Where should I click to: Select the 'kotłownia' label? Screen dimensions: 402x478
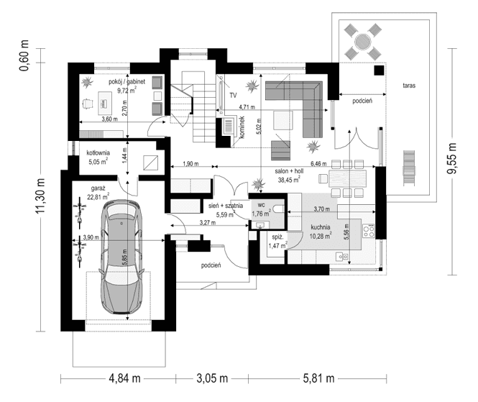(98, 153)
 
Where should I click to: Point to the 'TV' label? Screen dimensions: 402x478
(233, 95)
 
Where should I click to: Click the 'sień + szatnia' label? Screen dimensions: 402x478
(226, 205)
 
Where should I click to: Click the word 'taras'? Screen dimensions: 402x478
(410, 85)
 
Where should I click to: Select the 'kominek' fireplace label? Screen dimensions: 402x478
(242, 127)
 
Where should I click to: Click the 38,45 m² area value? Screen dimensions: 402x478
(289, 181)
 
